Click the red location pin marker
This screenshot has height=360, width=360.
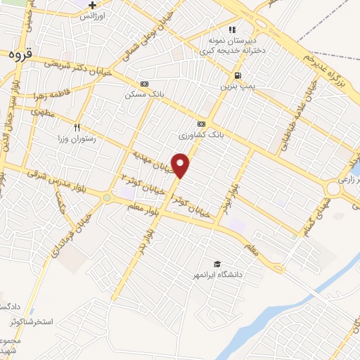(181, 165)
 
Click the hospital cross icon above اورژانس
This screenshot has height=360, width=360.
(92, 5)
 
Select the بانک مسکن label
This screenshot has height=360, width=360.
(143, 94)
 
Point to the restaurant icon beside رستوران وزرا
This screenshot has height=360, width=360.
(78, 128)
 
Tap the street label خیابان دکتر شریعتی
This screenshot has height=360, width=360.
(77, 69)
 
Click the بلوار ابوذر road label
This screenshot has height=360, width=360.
(232, 196)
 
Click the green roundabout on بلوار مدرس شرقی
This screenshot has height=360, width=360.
(106, 198)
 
